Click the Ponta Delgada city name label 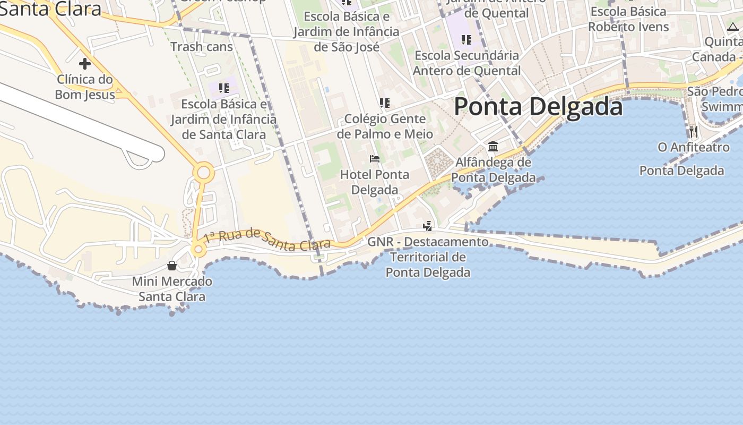[538, 107]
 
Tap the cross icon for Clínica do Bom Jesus [84, 64]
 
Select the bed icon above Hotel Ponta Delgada [375, 159]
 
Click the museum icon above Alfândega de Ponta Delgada [493, 146]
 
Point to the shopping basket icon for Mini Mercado [172, 266]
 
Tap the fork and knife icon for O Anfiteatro [693, 131]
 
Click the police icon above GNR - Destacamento [427, 226]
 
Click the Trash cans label [202, 47]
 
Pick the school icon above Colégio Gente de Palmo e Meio [385, 103]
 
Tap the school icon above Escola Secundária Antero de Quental [466, 39]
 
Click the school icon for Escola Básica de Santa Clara [223, 88]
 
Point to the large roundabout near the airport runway [203, 173]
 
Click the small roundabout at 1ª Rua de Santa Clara [198, 249]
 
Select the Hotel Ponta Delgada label [375, 182]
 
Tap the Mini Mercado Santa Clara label [172, 288]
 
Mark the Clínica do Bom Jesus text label [85, 87]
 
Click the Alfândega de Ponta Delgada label [493, 169]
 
